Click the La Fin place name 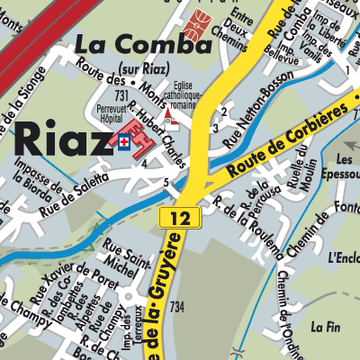coord(324,328)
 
